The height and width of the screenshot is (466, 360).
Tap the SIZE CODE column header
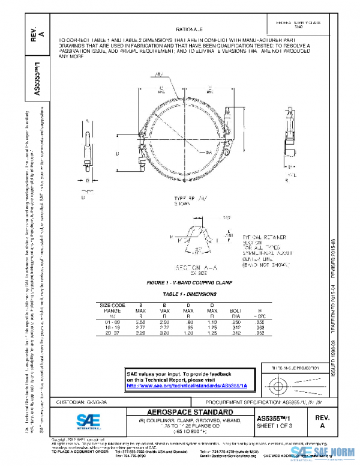coord(112,306)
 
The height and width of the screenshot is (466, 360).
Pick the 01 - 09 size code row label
coord(112,323)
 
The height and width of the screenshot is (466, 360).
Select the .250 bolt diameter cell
coord(236,323)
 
